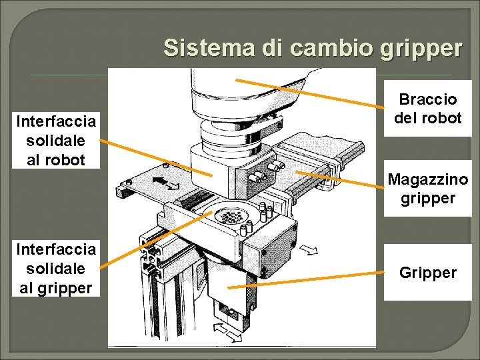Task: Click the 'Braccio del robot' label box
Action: (x=427, y=109)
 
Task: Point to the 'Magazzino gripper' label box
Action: (x=427, y=189)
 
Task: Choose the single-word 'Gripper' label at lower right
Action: (x=427, y=273)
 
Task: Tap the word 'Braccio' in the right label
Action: (x=427, y=99)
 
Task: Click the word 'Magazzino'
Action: (x=427, y=179)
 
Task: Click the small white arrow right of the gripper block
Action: (x=309, y=250)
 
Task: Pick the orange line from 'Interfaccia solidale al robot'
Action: (x=157, y=158)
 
